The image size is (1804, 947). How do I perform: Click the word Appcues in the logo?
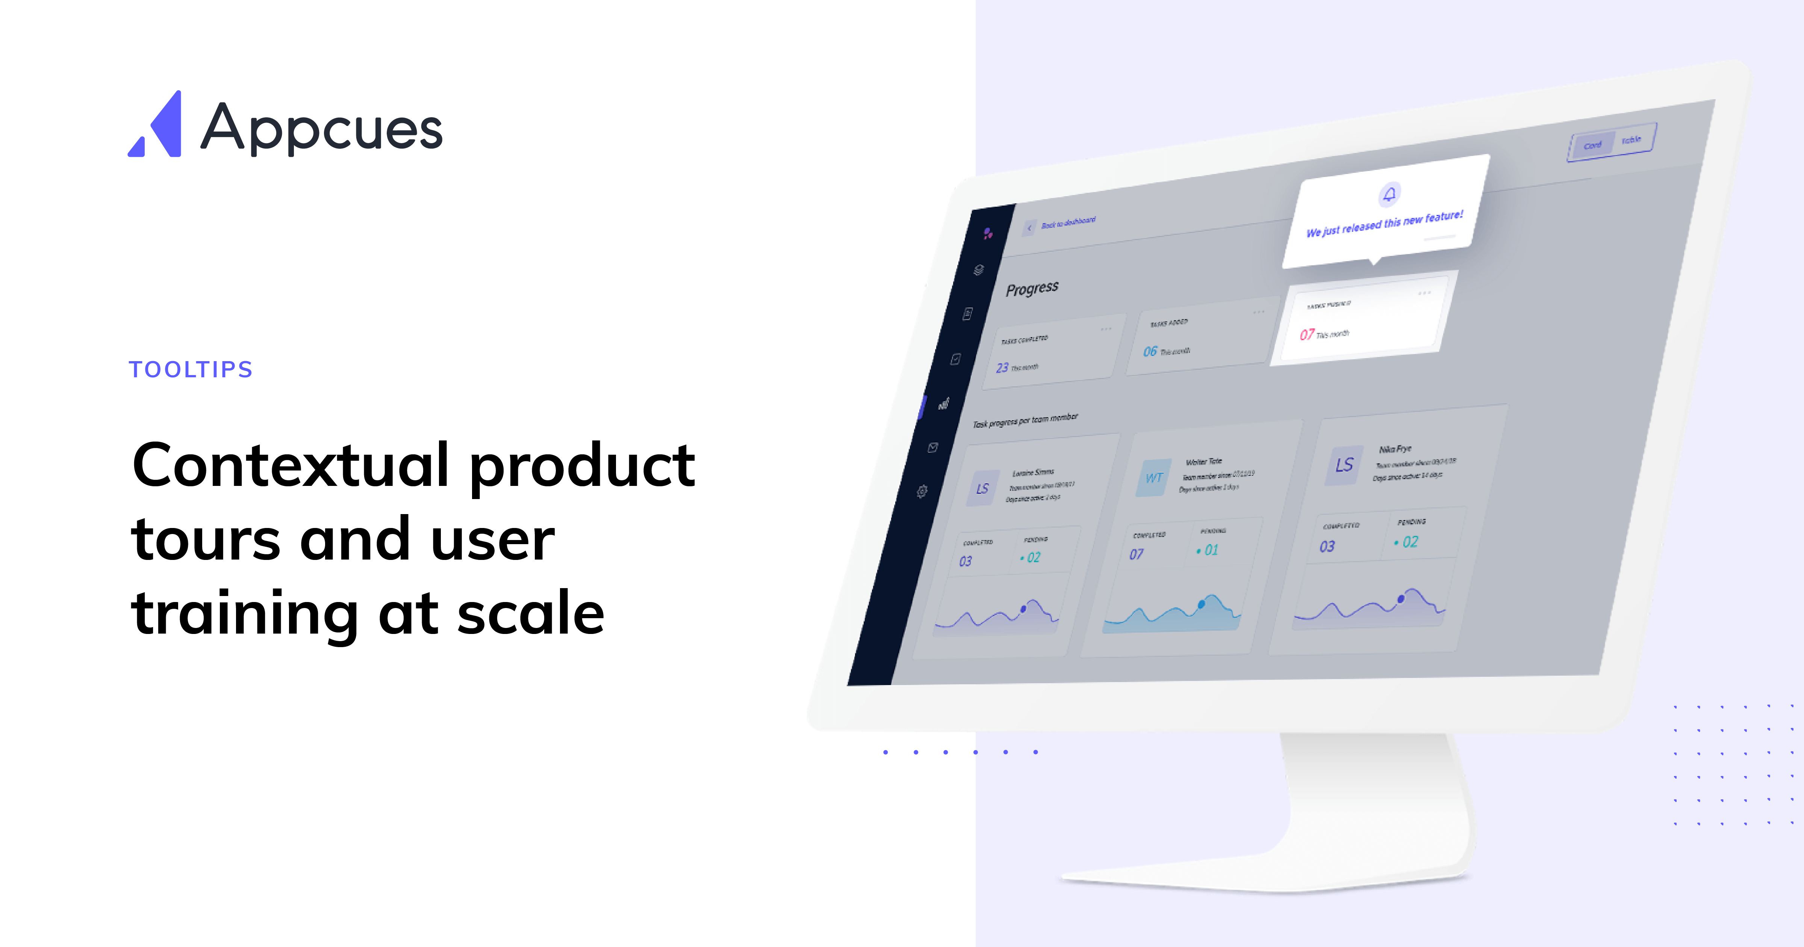click(322, 128)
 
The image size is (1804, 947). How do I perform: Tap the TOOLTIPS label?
click(191, 369)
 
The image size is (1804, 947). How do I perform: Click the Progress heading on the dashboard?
click(1032, 288)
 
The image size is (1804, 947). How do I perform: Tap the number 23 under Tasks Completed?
click(1002, 368)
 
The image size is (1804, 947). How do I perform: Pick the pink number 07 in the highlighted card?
click(1307, 335)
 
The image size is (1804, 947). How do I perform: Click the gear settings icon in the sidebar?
click(922, 492)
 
